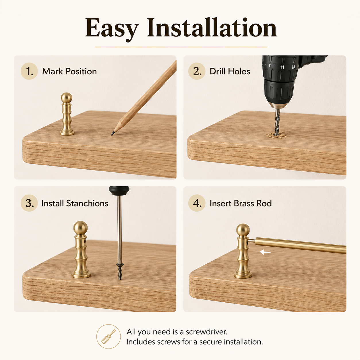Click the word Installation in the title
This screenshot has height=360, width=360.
[x=212, y=27]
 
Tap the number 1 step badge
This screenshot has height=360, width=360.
[x=29, y=71]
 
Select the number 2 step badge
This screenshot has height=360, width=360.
[x=197, y=71]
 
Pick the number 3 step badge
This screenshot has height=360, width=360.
[x=29, y=203]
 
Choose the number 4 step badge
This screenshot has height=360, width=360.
[x=197, y=203]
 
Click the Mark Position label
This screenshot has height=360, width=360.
[x=69, y=71]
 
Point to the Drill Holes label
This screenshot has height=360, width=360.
[x=230, y=71]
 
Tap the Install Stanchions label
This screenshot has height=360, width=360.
[x=75, y=203]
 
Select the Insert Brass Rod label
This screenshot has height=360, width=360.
[x=241, y=203]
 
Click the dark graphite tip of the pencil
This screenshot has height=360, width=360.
[x=113, y=133]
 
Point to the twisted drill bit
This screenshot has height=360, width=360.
[x=277, y=121]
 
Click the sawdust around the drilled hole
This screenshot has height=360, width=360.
[x=276, y=135]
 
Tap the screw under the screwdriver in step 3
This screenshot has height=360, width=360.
[x=120, y=272]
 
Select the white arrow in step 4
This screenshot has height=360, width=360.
[x=265, y=252]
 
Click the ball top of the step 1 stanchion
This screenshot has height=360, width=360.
[x=66, y=98]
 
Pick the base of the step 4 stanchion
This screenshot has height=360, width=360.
[x=243, y=274]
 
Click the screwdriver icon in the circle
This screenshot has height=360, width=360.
[x=108, y=337]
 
